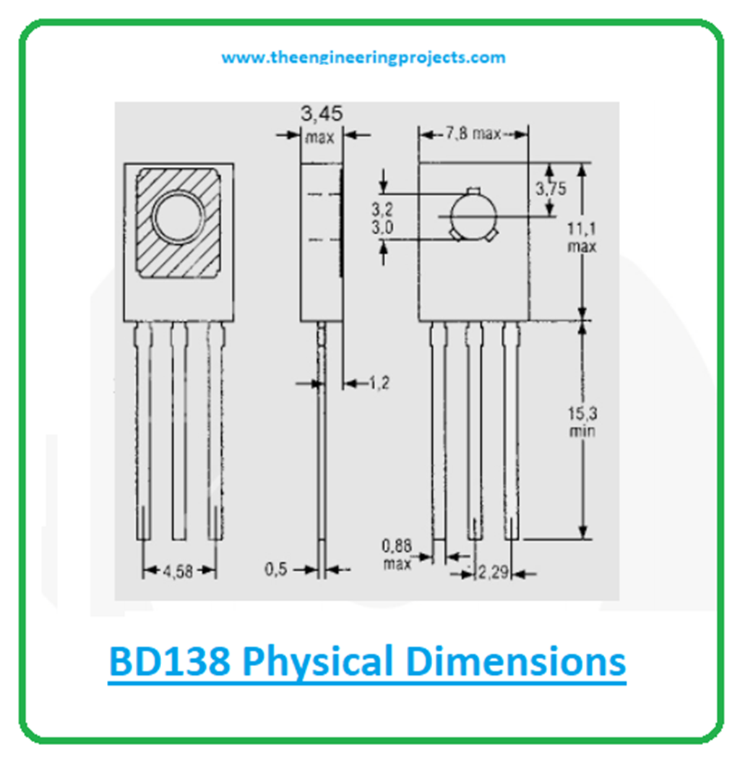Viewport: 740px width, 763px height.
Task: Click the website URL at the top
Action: (x=363, y=58)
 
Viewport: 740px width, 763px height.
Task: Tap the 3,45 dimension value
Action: (x=322, y=113)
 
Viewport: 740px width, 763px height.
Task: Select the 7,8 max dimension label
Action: (x=473, y=134)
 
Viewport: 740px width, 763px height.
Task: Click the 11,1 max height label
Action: (x=581, y=238)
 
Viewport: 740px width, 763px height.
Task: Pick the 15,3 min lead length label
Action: (x=582, y=421)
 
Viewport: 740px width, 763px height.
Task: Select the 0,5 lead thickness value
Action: (x=277, y=569)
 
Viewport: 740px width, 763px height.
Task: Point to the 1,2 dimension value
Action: (x=379, y=384)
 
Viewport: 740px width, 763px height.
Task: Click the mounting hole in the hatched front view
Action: (x=178, y=217)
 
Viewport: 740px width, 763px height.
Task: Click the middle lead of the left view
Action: (x=178, y=434)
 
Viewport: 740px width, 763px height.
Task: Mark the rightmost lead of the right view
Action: (x=511, y=434)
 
